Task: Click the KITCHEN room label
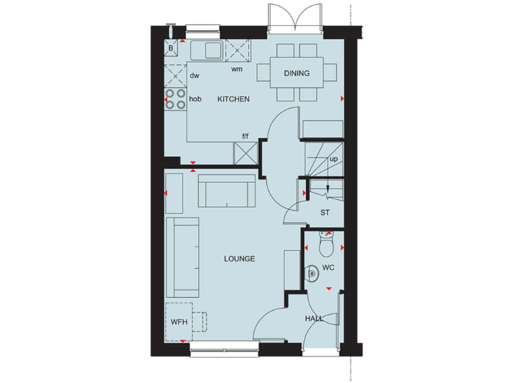(234, 100)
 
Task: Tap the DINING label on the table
(297, 73)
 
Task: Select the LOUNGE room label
(239, 259)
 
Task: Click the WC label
(328, 268)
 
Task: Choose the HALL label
(314, 319)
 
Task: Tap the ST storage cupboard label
(325, 213)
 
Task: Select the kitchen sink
(208, 50)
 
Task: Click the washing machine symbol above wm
(237, 50)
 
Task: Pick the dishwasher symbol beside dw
(176, 74)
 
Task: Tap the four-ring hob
(176, 98)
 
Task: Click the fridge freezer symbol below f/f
(245, 153)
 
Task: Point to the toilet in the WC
(326, 246)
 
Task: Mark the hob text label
(196, 99)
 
